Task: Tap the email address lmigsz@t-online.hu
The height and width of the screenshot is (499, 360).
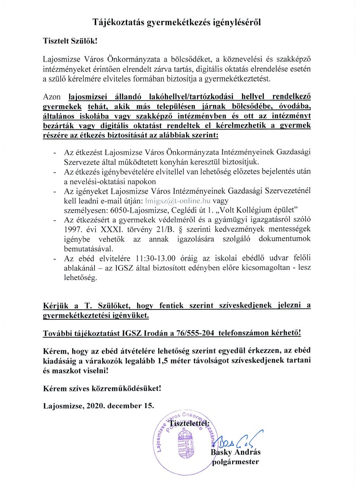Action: (x=177, y=200)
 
